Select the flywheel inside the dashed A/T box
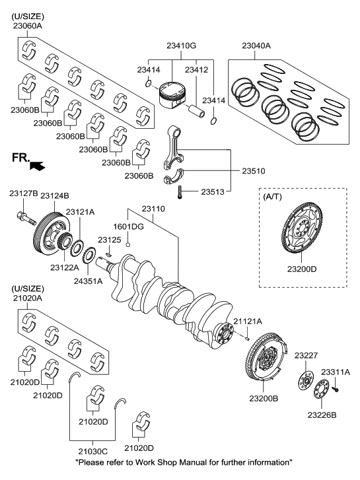click(301, 232)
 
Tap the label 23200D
click(301, 269)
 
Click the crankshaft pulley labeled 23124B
click(50, 230)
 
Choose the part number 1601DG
click(127, 226)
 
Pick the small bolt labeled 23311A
click(335, 390)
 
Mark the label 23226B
click(322, 415)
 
